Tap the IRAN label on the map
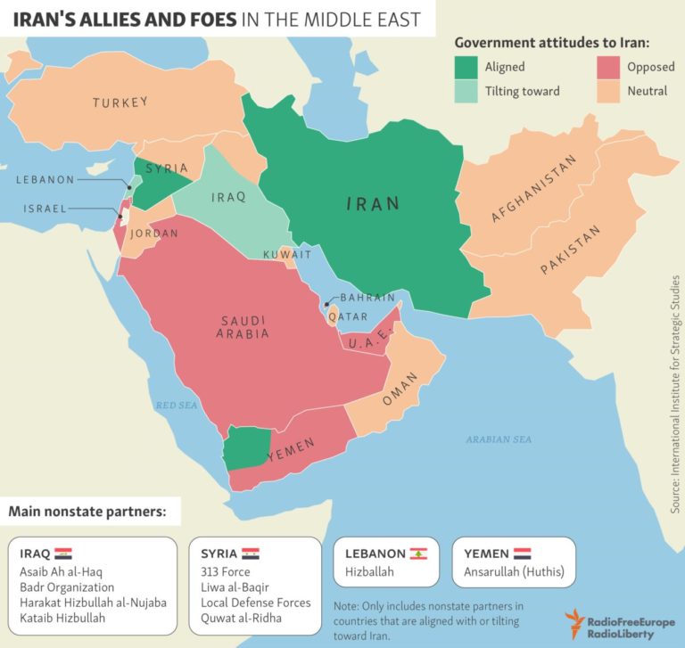[x=373, y=204]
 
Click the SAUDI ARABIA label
[x=242, y=327]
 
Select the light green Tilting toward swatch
[x=465, y=90]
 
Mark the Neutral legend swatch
[x=607, y=90]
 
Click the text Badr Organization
[x=67, y=587]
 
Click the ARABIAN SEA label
[x=499, y=439]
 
